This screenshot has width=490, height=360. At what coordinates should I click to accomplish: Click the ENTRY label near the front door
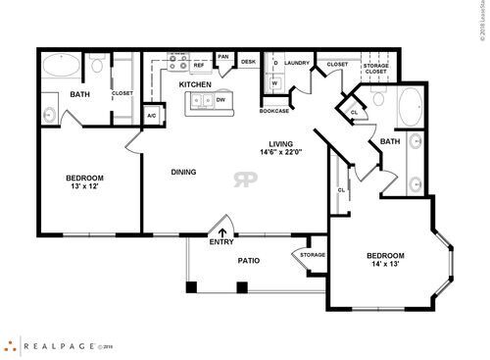pyautogui.click(x=221, y=241)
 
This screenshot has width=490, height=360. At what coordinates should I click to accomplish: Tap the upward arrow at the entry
pyautogui.click(x=221, y=231)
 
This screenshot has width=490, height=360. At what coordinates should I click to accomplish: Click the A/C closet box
pyautogui.click(x=152, y=116)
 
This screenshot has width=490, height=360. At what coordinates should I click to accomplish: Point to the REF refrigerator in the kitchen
pyautogui.click(x=198, y=65)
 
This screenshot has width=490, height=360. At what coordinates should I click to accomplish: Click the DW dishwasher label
pyautogui.click(x=221, y=99)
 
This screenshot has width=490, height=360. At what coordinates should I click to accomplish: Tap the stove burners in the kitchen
pyautogui.click(x=176, y=61)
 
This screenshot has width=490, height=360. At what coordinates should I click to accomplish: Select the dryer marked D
pyautogui.click(x=275, y=65)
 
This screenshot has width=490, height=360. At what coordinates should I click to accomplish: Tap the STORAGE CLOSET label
pyautogui.click(x=375, y=68)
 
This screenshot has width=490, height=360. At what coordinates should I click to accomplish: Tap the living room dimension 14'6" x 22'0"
pyautogui.click(x=282, y=152)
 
